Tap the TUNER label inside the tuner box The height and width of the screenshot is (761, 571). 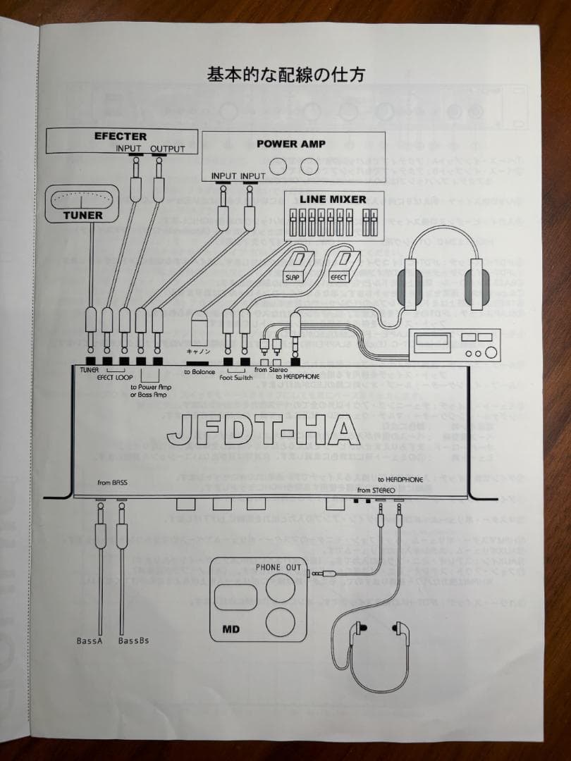[82, 215]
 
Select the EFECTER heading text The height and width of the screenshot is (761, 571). [121, 136]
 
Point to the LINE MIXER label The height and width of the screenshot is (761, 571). [333, 199]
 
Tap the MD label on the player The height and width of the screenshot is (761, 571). [232, 628]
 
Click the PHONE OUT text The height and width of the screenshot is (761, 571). [278, 567]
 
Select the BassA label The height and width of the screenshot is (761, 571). [90, 641]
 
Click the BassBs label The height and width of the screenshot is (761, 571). [133, 641]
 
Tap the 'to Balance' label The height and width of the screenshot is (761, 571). [199, 371]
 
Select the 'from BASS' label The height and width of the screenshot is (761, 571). [112, 483]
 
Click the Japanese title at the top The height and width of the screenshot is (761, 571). [285, 75]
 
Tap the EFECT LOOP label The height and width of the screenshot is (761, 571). [115, 378]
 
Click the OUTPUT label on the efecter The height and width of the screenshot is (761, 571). [168, 149]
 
